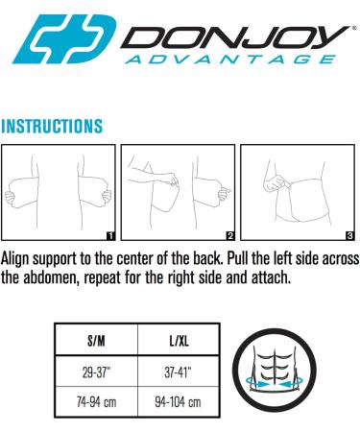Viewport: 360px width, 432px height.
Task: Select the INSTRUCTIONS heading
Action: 52,126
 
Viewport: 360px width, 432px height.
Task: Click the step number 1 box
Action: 110,234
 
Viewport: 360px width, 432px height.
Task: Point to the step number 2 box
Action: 230,234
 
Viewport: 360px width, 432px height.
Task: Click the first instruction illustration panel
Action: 59,192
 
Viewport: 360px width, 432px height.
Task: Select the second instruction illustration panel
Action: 179,192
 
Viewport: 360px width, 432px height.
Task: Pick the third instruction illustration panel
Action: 298,192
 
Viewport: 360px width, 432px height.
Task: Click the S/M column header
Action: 96,340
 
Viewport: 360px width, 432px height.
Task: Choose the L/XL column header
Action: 180,340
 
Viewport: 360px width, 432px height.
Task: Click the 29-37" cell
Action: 96,371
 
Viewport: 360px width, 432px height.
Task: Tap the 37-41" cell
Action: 180,371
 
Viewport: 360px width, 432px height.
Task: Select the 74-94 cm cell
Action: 96,401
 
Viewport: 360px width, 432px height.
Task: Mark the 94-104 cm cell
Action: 180,401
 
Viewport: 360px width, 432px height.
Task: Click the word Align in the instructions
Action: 19,258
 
